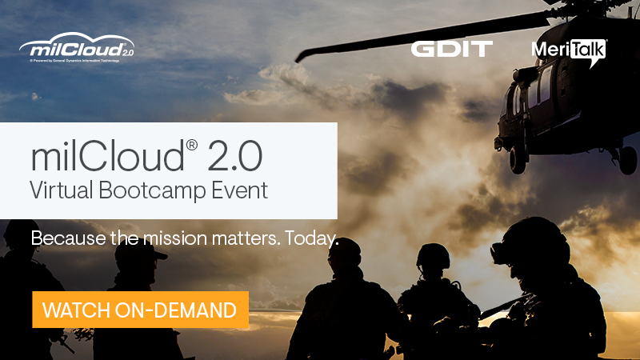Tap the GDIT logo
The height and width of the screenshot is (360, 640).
(452, 49)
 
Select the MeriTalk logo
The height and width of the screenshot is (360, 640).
(568, 50)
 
